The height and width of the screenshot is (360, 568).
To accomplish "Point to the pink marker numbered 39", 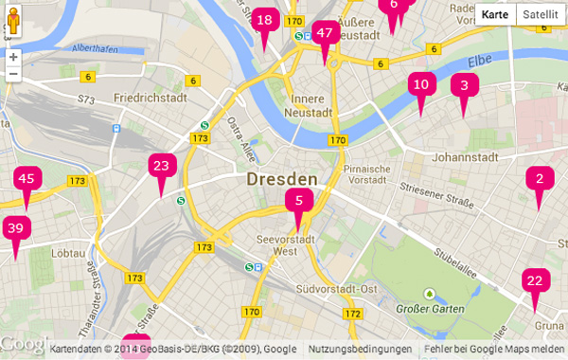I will coord(14,229).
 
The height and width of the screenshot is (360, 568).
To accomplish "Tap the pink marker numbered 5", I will coord(298,202).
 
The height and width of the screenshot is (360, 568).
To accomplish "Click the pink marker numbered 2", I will coord(540,179).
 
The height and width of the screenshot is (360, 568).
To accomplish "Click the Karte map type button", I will coord(495,14).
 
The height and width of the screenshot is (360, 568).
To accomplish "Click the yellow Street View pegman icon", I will coord(13,21).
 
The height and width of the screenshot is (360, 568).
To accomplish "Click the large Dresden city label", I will coord(281,179).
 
